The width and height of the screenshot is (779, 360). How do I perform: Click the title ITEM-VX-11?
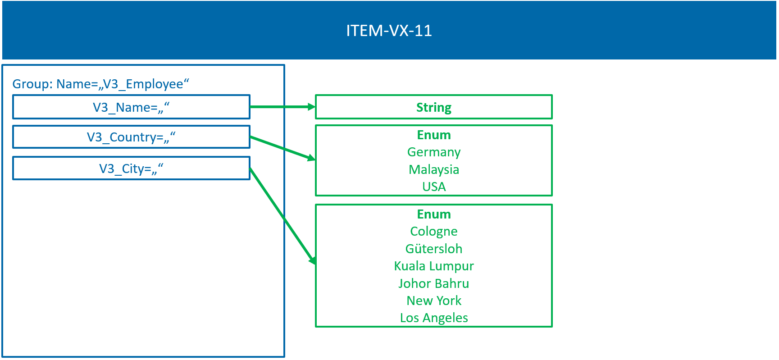coord(389,31)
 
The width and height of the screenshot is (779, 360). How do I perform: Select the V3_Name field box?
coord(131,107)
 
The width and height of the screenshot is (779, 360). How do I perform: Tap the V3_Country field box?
coord(131,137)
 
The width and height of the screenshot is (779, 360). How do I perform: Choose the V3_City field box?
coord(131,169)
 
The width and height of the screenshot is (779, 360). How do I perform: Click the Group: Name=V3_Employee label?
coord(100,84)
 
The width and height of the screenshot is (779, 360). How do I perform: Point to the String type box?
coord(433,107)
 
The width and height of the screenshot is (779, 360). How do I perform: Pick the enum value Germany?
coord(433,152)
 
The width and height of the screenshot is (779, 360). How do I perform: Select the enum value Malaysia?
coord(433,169)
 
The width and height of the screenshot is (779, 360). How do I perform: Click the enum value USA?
coord(433,187)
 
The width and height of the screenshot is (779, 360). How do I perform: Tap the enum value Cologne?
coord(433,231)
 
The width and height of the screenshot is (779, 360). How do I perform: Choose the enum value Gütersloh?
coord(433,249)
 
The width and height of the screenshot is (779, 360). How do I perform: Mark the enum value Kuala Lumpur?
coord(433,266)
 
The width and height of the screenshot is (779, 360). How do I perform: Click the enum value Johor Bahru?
coord(433,283)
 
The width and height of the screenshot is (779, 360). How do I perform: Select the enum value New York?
coord(433,301)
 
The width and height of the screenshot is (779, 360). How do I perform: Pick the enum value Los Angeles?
coord(433,318)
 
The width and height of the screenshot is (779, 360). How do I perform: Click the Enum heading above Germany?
coord(433,135)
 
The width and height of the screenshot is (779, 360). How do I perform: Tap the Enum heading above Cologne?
coord(433,214)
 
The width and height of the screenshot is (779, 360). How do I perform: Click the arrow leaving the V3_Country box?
coord(282,148)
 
